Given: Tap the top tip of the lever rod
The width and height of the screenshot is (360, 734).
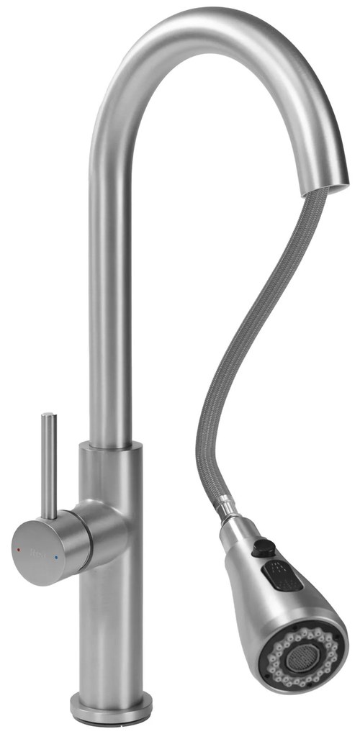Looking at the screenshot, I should (48, 416).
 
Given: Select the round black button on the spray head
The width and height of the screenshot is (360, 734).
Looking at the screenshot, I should (265, 549).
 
